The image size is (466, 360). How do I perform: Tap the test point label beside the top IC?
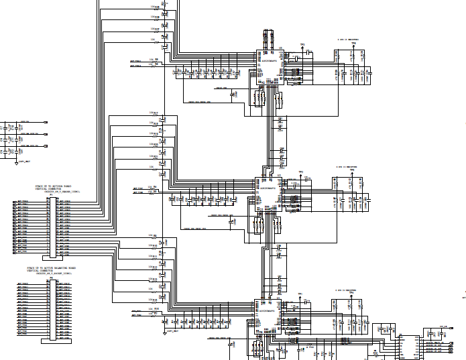(x=302, y=46)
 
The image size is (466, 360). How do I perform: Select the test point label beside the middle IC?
(x=300, y=172)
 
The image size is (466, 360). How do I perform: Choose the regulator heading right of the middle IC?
(x=346, y=166)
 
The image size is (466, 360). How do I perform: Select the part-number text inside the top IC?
(x=270, y=62)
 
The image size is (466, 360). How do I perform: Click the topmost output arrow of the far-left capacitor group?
(x=45, y=123)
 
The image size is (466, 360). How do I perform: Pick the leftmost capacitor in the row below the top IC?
(x=175, y=71)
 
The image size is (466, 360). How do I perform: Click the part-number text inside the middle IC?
(x=268, y=188)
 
